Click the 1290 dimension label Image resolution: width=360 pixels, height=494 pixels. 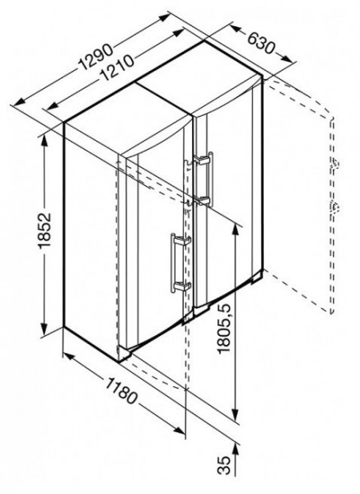[96, 57]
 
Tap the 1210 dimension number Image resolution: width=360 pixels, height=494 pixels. [117, 68]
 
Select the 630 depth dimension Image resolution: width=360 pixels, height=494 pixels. [261, 43]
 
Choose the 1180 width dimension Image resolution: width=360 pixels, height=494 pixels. [121, 390]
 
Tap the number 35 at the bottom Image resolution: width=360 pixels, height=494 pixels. [224, 464]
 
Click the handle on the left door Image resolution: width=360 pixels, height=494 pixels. [180, 263]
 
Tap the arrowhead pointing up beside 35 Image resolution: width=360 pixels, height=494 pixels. [235, 449]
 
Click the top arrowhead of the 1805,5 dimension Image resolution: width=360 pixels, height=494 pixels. [235, 229]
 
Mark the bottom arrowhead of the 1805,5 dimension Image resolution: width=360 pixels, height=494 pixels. [235, 415]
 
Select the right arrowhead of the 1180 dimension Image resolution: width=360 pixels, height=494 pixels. [179, 431]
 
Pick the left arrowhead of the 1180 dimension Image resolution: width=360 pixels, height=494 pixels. [69, 357]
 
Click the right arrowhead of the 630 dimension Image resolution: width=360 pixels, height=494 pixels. [286, 59]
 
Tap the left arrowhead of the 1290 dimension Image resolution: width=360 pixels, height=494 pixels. [19, 102]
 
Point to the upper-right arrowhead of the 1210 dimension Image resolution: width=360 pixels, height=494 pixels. [177, 33]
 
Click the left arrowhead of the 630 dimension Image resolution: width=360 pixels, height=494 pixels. [236, 29]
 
